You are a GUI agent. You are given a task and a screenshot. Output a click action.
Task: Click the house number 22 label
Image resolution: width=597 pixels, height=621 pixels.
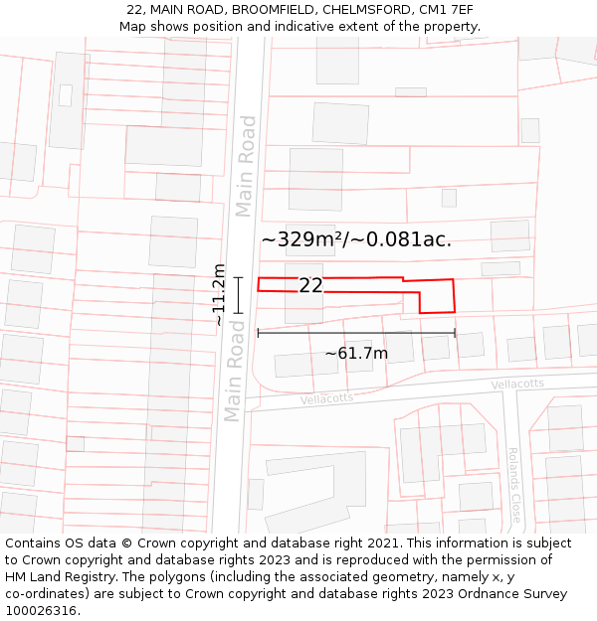[310, 286]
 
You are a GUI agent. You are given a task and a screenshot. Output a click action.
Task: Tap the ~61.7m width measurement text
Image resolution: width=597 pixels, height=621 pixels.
[356, 353]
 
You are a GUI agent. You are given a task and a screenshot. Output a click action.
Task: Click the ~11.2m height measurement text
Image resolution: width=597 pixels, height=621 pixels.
[219, 295]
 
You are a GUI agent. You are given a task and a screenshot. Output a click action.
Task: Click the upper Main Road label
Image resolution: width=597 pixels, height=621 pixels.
[247, 166]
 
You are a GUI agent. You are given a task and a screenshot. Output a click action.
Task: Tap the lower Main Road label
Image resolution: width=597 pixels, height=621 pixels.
[235, 370]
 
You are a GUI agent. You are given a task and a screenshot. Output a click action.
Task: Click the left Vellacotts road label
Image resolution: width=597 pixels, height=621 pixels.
[326, 398]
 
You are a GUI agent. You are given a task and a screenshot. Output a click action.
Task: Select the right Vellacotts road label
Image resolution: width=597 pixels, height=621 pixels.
[517, 384]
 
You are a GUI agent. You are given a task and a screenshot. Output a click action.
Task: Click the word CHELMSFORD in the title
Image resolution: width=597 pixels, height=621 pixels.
[363, 10]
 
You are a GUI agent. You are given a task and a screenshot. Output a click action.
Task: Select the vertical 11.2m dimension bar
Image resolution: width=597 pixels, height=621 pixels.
[238, 295]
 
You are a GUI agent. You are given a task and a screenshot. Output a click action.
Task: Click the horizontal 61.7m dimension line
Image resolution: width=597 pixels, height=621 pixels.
[356, 333]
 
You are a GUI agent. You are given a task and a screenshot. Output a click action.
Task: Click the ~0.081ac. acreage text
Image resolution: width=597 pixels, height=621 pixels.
[407, 239]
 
